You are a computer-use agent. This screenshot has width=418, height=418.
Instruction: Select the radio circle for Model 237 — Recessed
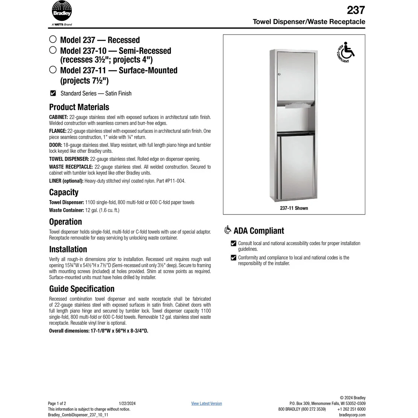click(53, 39)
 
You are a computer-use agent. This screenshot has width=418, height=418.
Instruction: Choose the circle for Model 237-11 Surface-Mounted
click(53, 70)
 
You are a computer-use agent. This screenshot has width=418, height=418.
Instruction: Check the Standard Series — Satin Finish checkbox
click(53, 93)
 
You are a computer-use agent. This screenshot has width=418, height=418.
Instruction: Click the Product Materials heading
click(79, 107)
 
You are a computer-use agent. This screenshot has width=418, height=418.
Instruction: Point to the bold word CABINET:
click(58, 117)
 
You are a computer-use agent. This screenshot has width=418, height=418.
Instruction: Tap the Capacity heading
click(64, 192)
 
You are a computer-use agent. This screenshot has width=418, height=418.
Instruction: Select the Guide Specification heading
click(82, 289)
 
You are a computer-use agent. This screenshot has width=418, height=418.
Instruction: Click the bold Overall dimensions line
click(99, 331)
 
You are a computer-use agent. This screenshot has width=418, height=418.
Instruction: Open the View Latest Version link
click(206, 403)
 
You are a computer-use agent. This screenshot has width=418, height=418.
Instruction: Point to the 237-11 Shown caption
click(294, 208)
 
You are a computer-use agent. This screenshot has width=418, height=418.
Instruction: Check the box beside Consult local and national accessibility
click(234, 243)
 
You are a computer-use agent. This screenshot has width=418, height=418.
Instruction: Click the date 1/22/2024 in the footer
click(127, 403)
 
